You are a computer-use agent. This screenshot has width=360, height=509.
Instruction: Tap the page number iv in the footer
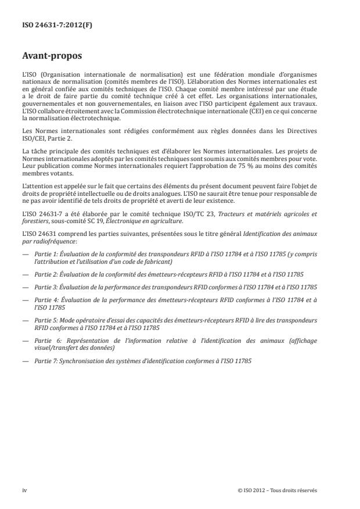coord(24,490)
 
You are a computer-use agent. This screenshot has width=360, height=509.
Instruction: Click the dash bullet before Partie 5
coord(25,320)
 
